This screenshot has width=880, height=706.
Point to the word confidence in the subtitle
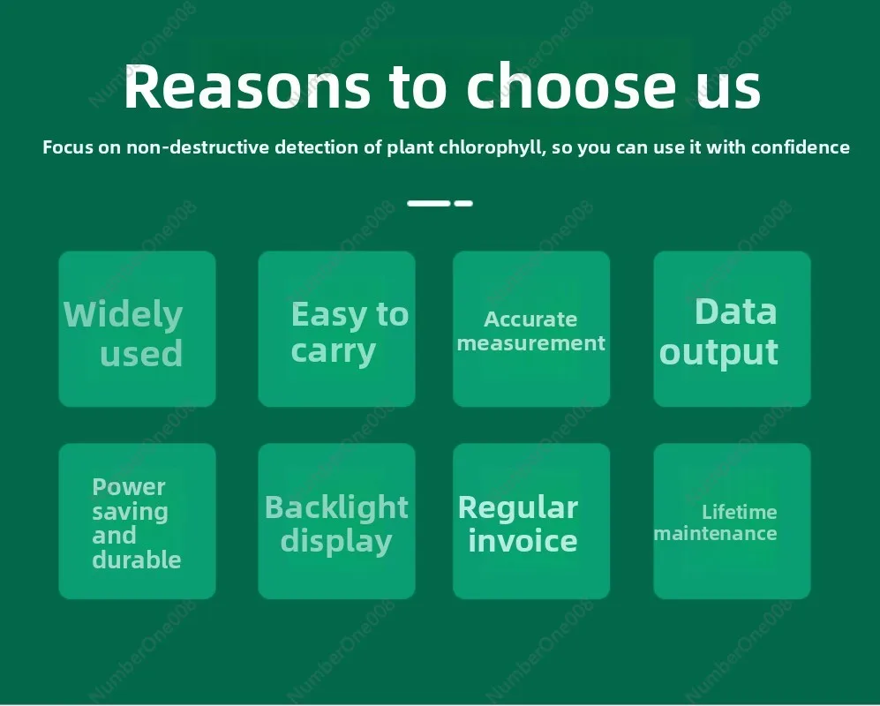click(801, 147)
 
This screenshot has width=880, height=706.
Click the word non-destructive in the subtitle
click(198, 147)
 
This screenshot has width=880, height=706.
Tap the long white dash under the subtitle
click(429, 203)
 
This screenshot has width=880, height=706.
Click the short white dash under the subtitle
click(463, 203)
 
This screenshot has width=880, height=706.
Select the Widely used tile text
click(124, 334)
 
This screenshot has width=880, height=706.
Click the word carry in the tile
click(334, 352)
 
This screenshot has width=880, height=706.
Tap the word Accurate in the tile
click(530, 319)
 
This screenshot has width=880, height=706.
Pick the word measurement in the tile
click(531, 343)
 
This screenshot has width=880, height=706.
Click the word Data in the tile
click(736, 312)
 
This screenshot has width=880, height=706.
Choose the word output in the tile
click(719, 352)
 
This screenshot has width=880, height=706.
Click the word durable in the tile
click(137, 560)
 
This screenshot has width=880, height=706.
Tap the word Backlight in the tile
click(336, 507)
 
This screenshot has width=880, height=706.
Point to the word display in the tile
click(336, 542)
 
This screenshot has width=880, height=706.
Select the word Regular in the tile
click(517, 508)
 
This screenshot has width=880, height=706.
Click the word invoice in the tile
click(523, 540)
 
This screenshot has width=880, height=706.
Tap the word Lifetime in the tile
click(739, 512)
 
